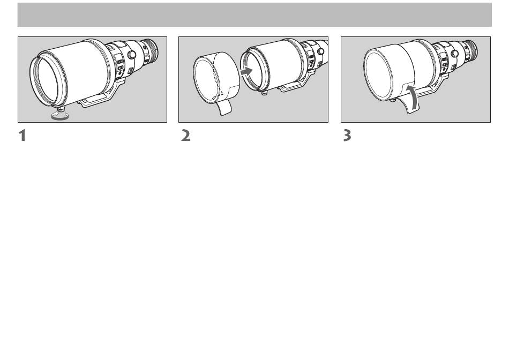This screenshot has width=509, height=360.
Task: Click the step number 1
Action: coord(22,136)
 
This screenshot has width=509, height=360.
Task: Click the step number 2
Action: coord(186,136)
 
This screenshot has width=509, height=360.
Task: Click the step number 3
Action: coord(347,136)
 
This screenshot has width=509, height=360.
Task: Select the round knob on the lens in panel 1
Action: coord(131,54)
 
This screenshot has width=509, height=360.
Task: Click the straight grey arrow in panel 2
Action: coord(248,71)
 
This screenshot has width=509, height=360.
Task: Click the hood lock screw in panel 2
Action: coord(265,93)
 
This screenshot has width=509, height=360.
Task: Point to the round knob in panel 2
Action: coord(320,51)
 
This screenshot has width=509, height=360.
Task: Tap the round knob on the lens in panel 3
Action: coord(455,53)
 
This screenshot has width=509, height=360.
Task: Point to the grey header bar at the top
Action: coord(254,14)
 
